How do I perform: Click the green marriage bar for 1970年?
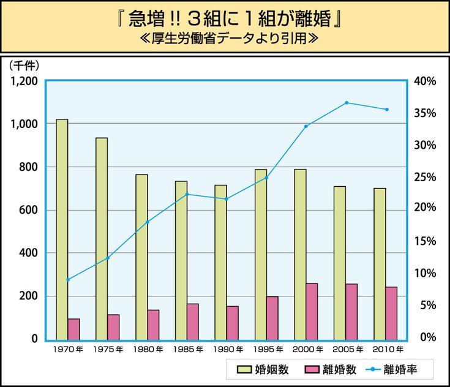click(x=62, y=230)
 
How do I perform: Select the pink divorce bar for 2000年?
click(x=312, y=311)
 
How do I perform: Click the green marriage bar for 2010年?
click(x=380, y=263)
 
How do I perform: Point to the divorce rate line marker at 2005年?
click(x=347, y=103)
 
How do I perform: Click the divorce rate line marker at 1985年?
click(x=187, y=194)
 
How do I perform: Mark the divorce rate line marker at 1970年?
click(x=68, y=280)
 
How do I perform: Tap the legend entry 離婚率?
click(x=392, y=369)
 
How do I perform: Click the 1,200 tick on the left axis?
click(x=24, y=81)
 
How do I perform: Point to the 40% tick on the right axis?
click(x=424, y=81)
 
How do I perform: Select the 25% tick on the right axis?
click(x=424, y=177)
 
